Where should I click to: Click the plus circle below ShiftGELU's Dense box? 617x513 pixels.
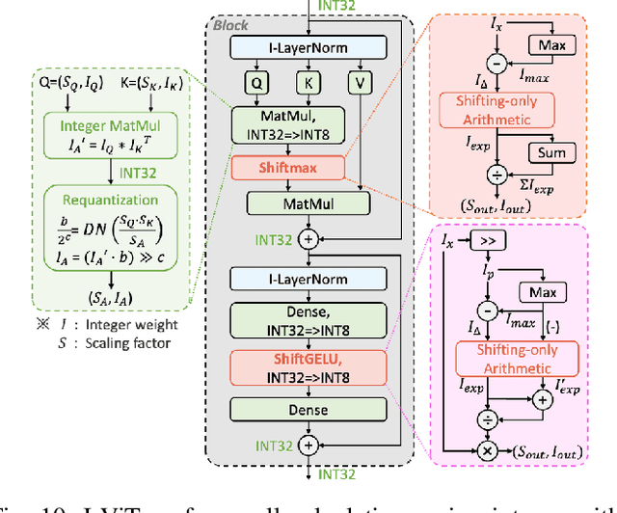308,445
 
